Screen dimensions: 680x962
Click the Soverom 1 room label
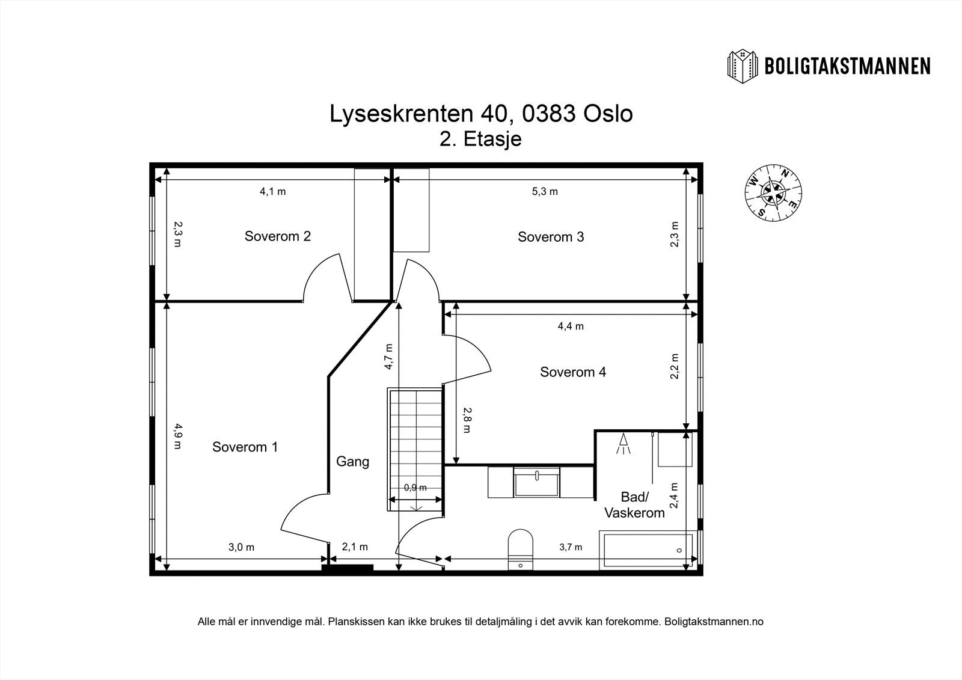(x=245, y=447)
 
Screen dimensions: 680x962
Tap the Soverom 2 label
(x=277, y=236)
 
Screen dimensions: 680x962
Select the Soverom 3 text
(x=551, y=237)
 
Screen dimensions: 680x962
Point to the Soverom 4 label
(x=573, y=372)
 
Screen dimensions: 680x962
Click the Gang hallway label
(x=352, y=462)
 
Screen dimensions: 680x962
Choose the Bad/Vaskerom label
(x=634, y=505)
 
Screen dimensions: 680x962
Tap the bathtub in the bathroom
(x=647, y=550)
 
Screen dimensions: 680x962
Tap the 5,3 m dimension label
(x=545, y=191)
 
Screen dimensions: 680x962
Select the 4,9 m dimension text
(x=177, y=436)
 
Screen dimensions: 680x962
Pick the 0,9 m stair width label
(x=415, y=488)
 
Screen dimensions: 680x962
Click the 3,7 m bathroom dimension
(x=570, y=547)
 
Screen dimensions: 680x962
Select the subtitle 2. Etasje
(x=480, y=139)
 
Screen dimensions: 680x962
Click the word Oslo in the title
(x=608, y=114)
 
